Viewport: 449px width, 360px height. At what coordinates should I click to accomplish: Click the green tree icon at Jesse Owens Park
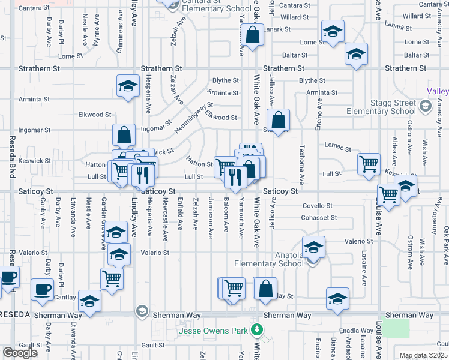coord(257,329)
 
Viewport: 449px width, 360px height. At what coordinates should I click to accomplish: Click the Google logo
coord(20,352)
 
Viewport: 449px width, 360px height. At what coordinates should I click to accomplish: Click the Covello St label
coord(316,205)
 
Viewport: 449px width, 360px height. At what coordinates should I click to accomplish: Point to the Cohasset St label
coord(319,217)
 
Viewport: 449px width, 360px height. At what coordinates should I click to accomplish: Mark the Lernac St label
coord(336,146)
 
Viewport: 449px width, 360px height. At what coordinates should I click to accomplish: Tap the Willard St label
coord(294,17)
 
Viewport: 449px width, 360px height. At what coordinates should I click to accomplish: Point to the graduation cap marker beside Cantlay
coord(89,300)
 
